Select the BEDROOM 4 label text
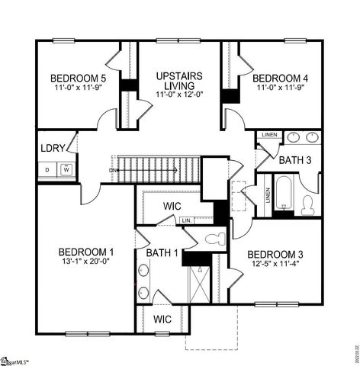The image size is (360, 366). tap(280, 78)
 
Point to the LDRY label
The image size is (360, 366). tap(53, 147)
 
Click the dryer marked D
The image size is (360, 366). tap(47, 169)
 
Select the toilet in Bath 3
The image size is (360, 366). tap(308, 204)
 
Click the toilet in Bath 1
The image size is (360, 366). tap(215, 238)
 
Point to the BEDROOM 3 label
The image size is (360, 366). tap(275, 254)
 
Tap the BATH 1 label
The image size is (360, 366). tap(162, 253)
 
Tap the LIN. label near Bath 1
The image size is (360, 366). tap(188, 220)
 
